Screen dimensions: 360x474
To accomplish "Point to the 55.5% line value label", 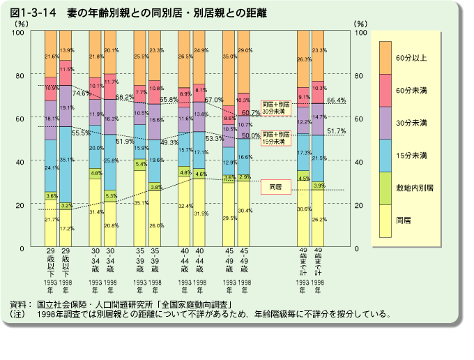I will [82, 133].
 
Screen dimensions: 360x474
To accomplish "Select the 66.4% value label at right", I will [337, 100].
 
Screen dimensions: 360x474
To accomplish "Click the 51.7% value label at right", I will [337, 131].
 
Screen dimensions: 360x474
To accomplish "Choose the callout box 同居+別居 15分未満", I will [275, 137].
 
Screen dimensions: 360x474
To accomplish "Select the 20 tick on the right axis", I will [360, 205].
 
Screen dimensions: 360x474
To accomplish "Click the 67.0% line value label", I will [214, 100].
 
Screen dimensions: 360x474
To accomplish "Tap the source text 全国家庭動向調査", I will [199, 305].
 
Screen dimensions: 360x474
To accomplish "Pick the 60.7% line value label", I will [251, 113].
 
